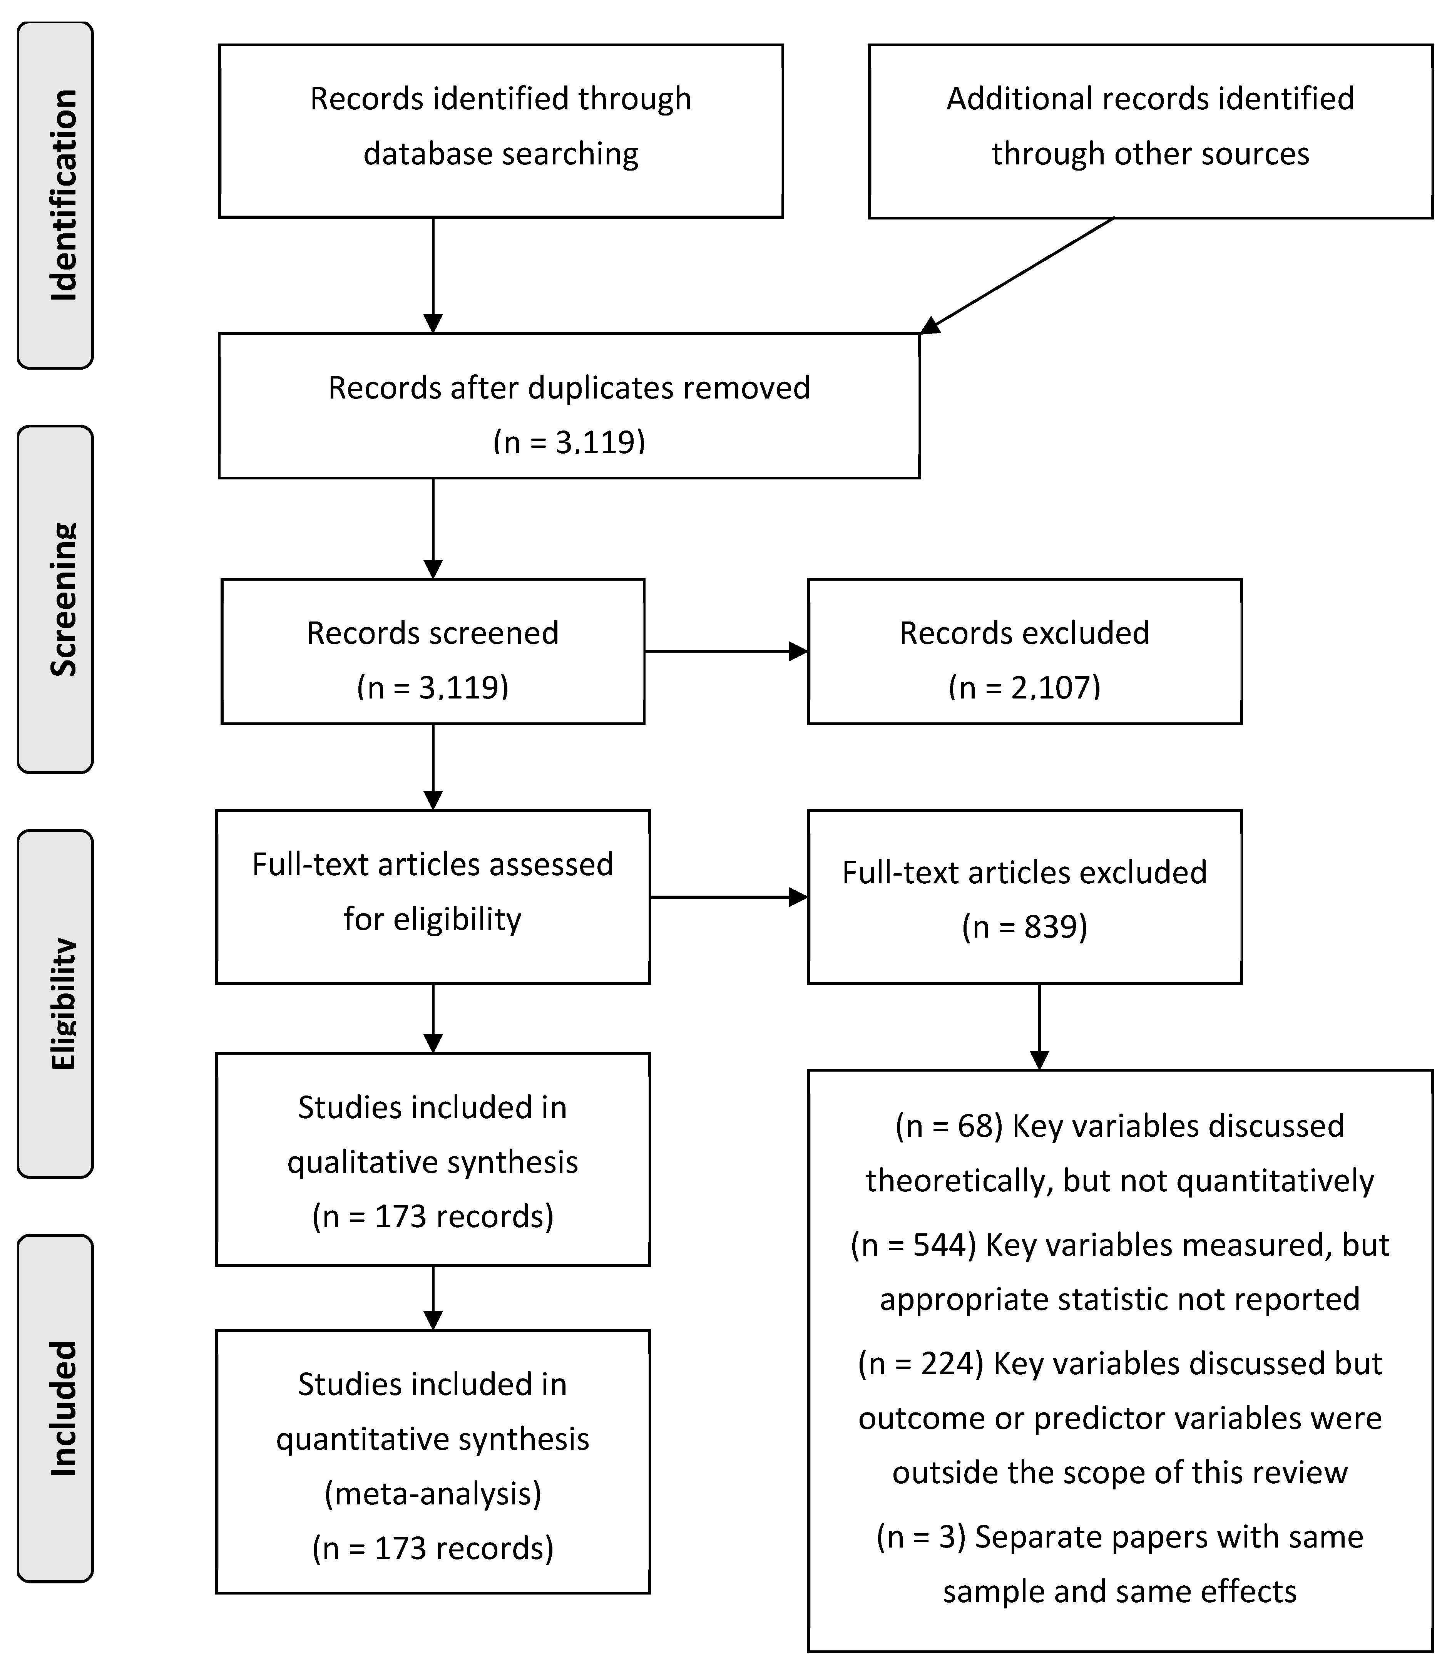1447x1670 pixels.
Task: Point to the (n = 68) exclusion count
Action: [x=949, y=1126]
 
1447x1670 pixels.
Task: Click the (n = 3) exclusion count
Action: [x=920, y=1537]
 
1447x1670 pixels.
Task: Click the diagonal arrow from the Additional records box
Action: [x=1017, y=275]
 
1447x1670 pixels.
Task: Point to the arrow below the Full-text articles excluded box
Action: [x=1039, y=1025]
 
